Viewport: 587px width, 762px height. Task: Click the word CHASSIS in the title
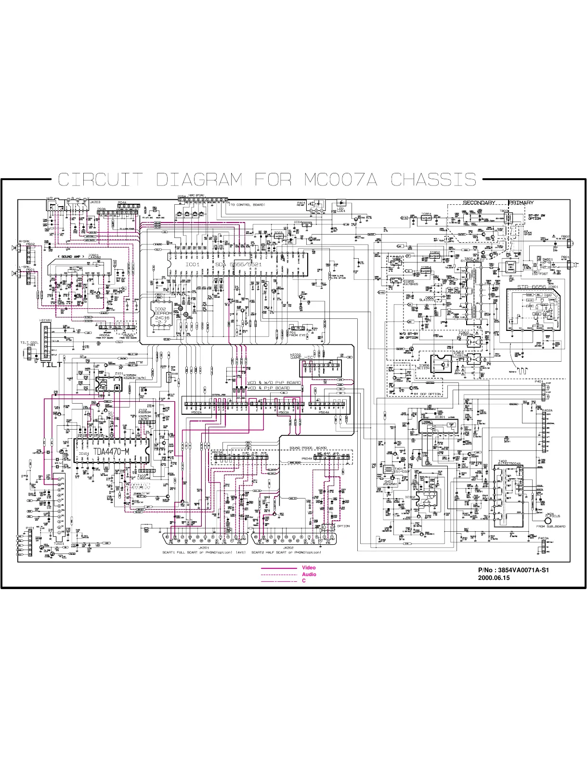[433, 180]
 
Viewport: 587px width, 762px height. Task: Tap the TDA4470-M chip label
[111, 452]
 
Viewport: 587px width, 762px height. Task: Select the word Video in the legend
[309, 568]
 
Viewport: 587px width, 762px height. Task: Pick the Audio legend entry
[309, 575]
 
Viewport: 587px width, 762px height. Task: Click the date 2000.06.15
[494, 578]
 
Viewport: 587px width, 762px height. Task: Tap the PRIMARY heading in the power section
[521, 203]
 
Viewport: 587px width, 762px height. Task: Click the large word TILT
[52, 365]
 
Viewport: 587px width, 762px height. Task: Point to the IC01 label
[192, 265]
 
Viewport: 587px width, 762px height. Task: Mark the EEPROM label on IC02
[162, 314]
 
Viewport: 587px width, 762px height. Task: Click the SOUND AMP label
[71, 257]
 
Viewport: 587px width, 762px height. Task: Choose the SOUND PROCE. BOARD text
[308, 448]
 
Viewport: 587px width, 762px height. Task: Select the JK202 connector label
[288, 548]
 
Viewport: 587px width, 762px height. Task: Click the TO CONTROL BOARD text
[247, 205]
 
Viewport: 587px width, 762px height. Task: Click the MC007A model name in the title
[340, 180]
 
